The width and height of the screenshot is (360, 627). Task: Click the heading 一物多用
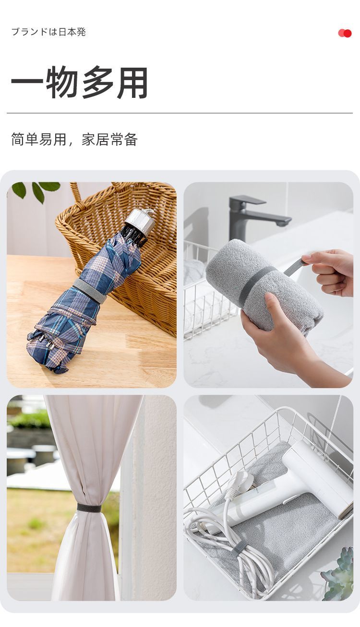[x=80, y=83]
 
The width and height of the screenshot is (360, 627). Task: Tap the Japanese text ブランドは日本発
[x=48, y=32]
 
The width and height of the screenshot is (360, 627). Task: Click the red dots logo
[x=345, y=33]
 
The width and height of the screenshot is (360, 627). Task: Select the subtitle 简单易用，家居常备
[x=74, y=140]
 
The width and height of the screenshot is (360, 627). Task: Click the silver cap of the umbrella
[x=140, y=221]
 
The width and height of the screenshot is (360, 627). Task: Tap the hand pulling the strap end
[x=331, y=271]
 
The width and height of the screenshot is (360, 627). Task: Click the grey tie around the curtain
[x=89, y=508]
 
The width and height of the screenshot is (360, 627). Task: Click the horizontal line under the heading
[x=180, y=113]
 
